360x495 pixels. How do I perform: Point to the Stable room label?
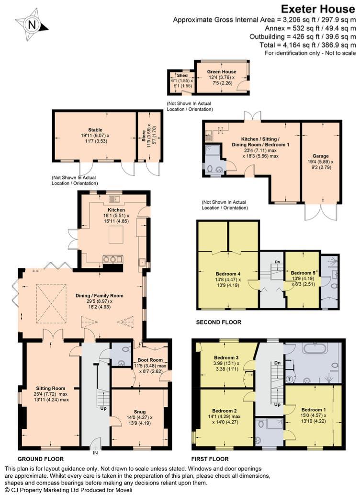[95, 130]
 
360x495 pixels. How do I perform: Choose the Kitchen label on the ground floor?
[116, 210]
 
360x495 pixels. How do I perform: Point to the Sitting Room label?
[50, 388]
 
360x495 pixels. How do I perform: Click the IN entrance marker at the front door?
[95, 451]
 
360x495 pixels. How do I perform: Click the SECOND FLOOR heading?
[218, 322]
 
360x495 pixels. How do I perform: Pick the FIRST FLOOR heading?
[210, 459]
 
